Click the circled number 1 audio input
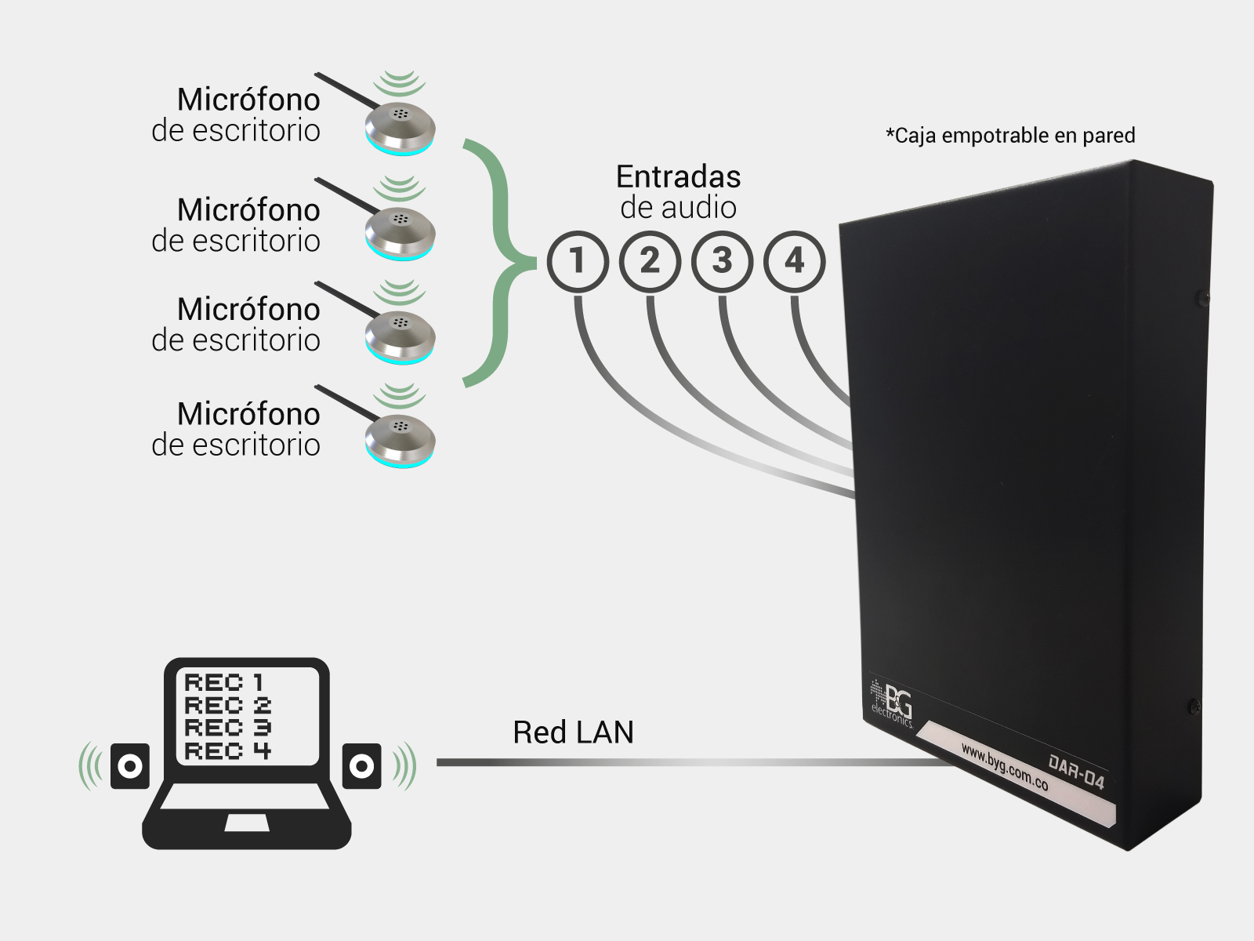click(578, 262)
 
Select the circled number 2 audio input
click(650, 262)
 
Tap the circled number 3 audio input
click(722, 262)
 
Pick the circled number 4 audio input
click(795, 262)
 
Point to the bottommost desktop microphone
click(400, 441)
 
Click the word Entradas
click(678, 177)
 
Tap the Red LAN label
click(573, 732)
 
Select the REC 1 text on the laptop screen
click(224, 683)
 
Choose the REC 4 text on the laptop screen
click(227, 751)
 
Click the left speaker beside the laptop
click(130, 765)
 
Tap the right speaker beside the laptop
click(361, 765)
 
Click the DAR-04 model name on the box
click(1076, 772)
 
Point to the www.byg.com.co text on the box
click(1004, 767)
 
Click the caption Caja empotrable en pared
click(1010, 136)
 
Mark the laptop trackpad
click(247, 823)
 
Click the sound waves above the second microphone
click(399, 188)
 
